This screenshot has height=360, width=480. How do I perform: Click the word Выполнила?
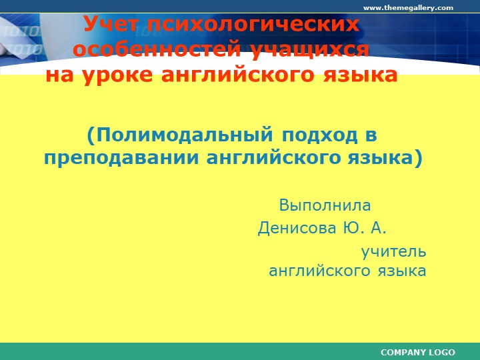[x=325, y=205]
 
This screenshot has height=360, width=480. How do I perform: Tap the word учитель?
[x=393, y=252]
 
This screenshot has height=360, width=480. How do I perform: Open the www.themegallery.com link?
[x=407, y=8]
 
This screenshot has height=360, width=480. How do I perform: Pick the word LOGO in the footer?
[x=443, y=352]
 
